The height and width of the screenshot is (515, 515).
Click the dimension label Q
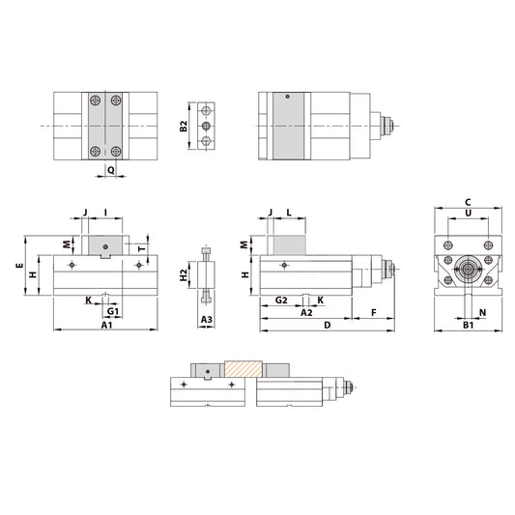point(111,168)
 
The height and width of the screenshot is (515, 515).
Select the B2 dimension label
point(184,127)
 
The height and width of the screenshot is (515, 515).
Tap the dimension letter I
point(104,211)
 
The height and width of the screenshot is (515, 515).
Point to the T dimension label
point(141,248)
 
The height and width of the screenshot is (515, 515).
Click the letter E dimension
point(19,262)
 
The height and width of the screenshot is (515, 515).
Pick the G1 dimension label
point(112,312)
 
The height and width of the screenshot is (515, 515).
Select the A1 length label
point(107,327)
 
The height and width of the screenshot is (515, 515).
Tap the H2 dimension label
point(185,275)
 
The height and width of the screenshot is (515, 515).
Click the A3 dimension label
point(206,319)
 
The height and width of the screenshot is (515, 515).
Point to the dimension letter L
point(289,211)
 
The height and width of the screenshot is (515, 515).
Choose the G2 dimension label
point(280,300)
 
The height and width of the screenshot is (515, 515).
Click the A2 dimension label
point(306,313)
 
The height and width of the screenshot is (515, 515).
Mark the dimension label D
point(328,327)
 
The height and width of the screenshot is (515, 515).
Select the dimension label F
point(373,313)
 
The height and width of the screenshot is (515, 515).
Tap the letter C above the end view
point(468,201)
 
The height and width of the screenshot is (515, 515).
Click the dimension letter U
point(468,213)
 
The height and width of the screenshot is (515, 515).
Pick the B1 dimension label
point(468,327)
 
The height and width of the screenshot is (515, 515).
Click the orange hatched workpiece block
point(243,369)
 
